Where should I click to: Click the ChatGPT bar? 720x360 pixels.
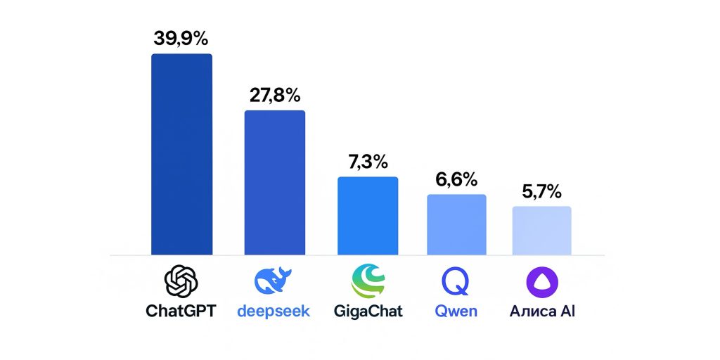181,154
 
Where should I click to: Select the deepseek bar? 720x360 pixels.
274,182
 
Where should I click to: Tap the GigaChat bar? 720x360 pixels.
368,215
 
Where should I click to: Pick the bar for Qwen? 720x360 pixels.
456,224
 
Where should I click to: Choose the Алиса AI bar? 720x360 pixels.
541,230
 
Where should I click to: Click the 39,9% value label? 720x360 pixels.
181,39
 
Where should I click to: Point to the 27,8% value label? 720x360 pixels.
275,95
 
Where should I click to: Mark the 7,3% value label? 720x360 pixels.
368,162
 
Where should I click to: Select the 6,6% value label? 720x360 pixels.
456,179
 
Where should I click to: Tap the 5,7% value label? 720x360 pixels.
541,191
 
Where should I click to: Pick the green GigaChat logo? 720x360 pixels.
368,281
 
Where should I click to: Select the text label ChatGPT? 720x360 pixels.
181,311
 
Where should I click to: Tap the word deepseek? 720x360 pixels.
273,311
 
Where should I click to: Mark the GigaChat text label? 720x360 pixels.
368,311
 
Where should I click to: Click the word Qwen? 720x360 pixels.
456,311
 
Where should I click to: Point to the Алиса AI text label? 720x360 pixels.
542,311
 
